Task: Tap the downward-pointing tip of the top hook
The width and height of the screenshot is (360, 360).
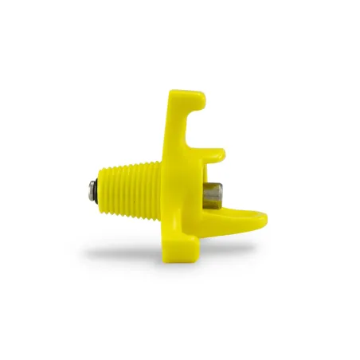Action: pos(201,103)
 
